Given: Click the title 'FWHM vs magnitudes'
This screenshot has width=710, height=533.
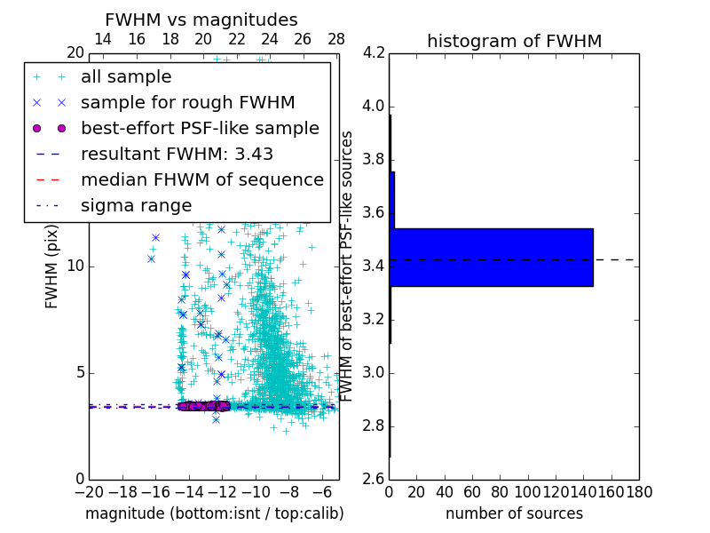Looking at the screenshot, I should (x=201, y=20).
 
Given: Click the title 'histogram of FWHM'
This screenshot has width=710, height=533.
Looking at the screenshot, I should (x=514, y=41).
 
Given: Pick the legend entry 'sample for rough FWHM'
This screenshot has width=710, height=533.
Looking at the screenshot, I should (x=187, y=102).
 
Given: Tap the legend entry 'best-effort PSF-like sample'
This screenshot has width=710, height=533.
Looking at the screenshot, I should (x=200, y=128).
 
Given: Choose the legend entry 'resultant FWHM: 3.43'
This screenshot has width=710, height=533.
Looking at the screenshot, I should (x=177, y=154).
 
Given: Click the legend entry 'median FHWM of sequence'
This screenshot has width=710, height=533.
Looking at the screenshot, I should (x=201, y=179).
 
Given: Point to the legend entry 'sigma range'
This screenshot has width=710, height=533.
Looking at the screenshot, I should (x=136, y=205).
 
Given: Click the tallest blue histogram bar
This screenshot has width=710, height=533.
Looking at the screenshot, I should (x=491, y=258).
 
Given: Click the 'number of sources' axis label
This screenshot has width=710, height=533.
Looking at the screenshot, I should (x=514, y=513).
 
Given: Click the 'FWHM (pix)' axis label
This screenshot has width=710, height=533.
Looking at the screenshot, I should (x=52, y=266).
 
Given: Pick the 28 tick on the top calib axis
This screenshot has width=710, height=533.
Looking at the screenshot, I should (x=336, y=40).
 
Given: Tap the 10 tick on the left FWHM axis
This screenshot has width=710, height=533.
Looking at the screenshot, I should (x=75, y=266).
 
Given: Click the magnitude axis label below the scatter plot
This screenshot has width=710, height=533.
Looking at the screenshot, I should (x=214, y=513).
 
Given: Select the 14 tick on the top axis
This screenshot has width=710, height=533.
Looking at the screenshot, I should (x=102, y=40).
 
